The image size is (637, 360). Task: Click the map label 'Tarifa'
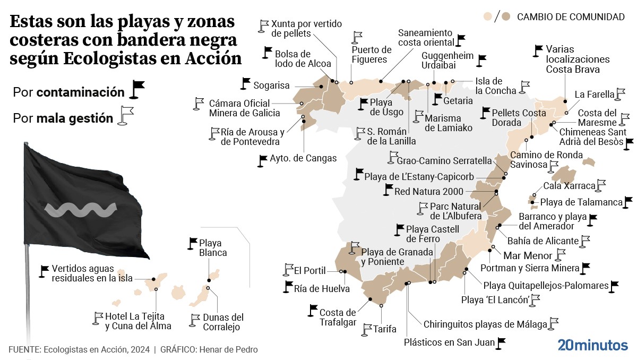tap(385, 329)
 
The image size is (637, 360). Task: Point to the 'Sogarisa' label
tap(271, 85)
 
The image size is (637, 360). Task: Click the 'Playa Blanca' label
tap(213, 248)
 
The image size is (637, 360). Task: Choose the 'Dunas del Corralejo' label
tap(223, 322)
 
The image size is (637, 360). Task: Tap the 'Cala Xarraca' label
tap(569, 186)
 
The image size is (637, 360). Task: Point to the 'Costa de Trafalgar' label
tap(338, 318)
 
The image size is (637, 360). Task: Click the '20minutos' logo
tap(592, 345)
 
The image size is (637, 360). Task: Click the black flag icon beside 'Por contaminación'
tap(137, 90)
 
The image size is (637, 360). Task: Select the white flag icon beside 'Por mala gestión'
tap(126, 115)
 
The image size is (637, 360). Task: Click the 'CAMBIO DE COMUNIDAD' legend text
tap(571, 17)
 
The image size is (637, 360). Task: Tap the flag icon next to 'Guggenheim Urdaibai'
tap(481, 61)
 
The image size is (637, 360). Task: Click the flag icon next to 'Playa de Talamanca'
tap(628, 202)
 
